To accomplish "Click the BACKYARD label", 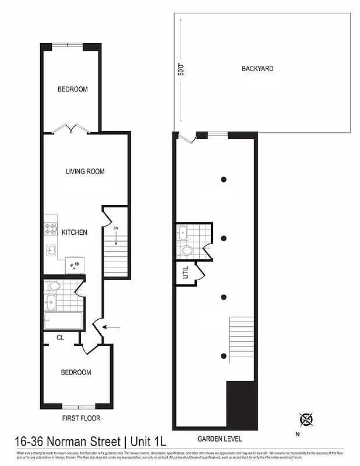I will [257, 69].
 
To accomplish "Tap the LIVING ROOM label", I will [85, 171].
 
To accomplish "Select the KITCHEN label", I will [75, 232].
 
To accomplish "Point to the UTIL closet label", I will [186, 272].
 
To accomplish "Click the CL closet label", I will [61, 337].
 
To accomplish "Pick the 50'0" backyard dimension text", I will [181, 69].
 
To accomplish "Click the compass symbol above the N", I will [306, 419].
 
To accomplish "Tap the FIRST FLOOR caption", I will [81, 418].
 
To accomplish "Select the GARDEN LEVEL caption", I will [220, 439].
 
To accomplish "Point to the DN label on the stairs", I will [117, 228].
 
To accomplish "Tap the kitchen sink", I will [51, 251].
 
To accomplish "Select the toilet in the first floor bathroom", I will [54, 286].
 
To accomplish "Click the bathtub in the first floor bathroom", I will [63, 321].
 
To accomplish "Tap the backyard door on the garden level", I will [187, 138].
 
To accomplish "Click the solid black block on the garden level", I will [241, 405].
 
